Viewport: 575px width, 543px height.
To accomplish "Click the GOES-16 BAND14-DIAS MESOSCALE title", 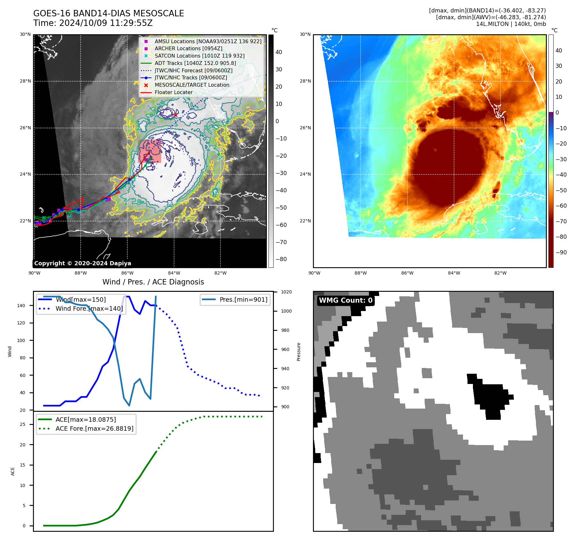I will [x=108, y=13].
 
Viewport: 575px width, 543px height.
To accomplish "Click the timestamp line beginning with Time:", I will [x=93, y=23].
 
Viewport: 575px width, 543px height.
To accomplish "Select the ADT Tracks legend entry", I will [x=195, y=63].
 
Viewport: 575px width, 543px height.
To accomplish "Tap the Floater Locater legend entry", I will [x=173, y=92].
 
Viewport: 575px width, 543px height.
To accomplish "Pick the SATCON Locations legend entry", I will [x=199, y=56].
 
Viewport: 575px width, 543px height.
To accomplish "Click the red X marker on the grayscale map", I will [x=175, y=115].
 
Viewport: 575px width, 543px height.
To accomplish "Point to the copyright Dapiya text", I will [x=83, y=263].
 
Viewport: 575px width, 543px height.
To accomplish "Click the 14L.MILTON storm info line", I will [x=511, y=24].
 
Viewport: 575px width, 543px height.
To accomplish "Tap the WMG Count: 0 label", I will [x=346, y=300].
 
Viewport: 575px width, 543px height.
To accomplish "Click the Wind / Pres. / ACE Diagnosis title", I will [x=153, y=282].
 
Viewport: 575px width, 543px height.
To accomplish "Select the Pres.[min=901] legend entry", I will [x=243, y=299].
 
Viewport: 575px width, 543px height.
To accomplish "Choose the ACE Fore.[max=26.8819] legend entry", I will [x=94, y=428].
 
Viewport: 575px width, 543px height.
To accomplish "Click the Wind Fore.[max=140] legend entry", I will [x=89, y=308].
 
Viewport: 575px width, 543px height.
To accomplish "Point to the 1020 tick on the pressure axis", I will [x=286, y=292].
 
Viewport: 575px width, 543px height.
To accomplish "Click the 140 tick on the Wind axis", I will [x=21, y=306].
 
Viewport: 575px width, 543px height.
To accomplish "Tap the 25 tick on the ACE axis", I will [x=22, y=424].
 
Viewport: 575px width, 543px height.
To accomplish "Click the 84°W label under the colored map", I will [x=454, y=273].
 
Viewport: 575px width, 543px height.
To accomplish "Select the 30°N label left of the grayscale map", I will [x=25, y=34].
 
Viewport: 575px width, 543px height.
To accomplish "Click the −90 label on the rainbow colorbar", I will [x=561, y=252].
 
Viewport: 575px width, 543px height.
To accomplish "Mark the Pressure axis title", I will [x=299, y=352].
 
